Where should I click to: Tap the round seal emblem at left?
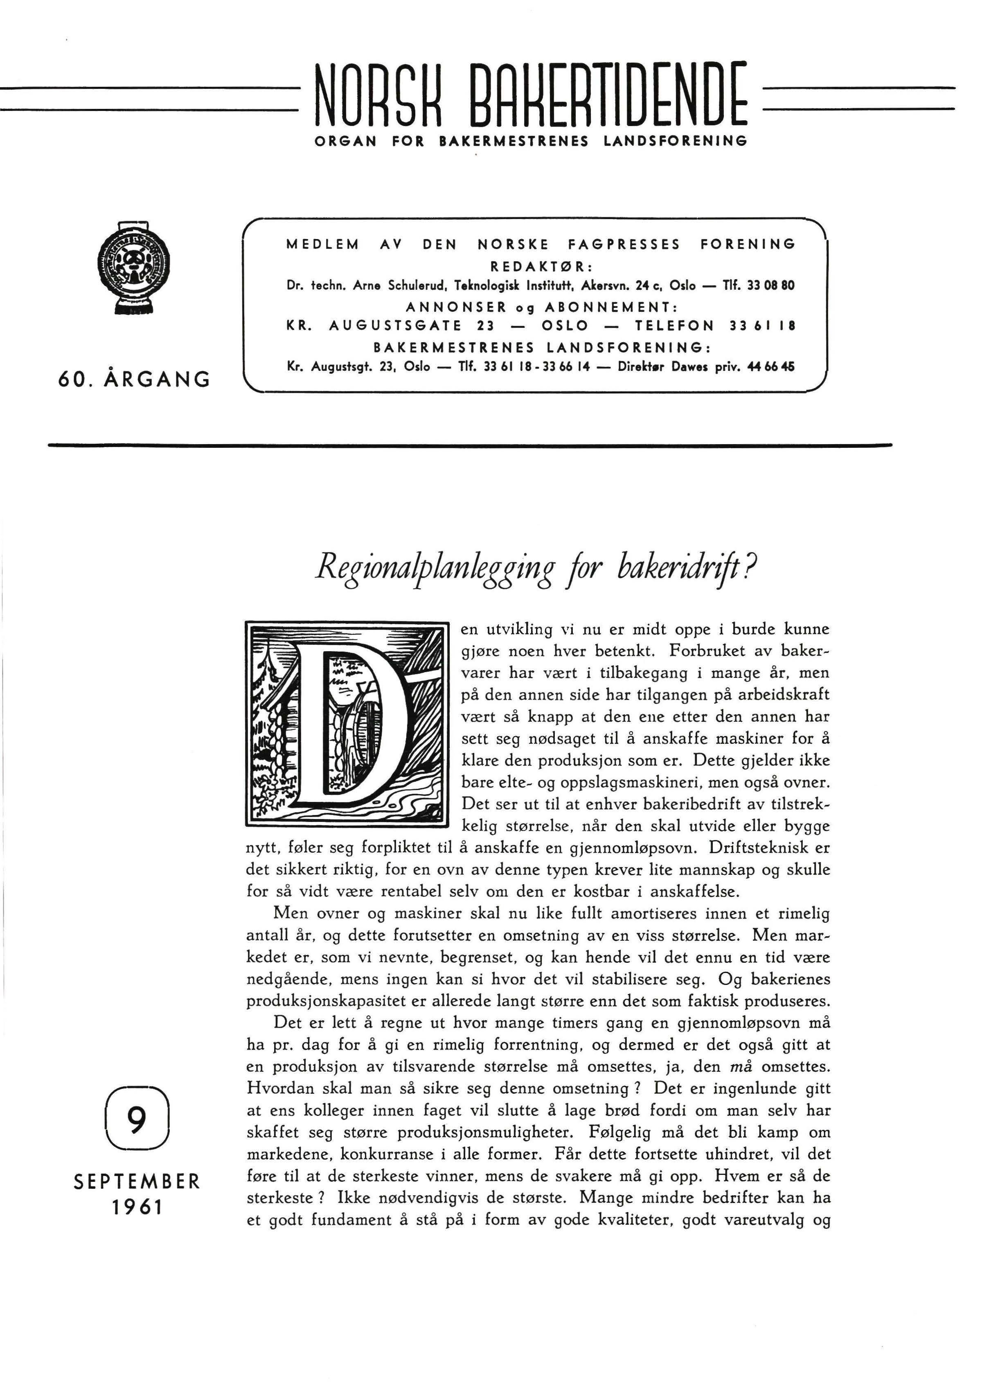pos(134,267)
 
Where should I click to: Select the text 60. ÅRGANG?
pos(134,379)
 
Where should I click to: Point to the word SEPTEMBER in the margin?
pos(137,1181)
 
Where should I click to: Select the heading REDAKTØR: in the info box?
pos(541,267)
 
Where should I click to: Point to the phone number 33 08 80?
pos(770,285)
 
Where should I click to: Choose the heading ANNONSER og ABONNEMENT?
pos(540,306)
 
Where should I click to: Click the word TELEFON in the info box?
pos(674,326)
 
